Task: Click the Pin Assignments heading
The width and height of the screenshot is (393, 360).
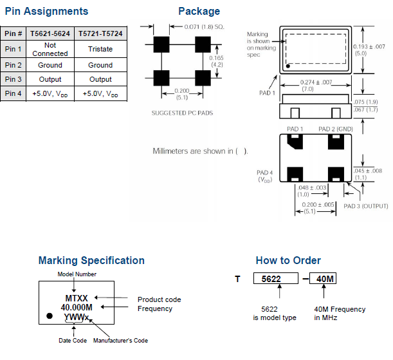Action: click(46, 12)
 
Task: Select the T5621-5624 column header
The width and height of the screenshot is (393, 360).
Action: click(50, 33)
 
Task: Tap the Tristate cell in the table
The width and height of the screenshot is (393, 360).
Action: click(100, 49)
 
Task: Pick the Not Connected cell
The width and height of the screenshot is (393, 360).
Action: click(50, 49)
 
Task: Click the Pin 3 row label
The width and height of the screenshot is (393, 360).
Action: click(14, 79)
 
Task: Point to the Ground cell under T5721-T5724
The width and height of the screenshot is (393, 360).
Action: click(100, 65)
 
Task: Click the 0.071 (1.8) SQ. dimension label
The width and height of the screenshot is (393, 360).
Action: click(197, 28)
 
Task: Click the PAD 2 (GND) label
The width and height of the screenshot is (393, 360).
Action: click(336, 129)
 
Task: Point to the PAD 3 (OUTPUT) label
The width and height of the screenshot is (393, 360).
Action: click(365, 206)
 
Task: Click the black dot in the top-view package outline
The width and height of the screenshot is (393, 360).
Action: click(289, 66)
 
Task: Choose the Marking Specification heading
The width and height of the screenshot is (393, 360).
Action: click(91, 261)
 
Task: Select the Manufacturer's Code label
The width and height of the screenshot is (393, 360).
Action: click(122, 341)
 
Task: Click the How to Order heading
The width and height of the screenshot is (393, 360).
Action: click(288, 261)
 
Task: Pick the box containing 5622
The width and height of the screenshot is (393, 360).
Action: click(276, 279)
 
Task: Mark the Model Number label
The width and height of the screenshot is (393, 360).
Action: click(77, 274)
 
